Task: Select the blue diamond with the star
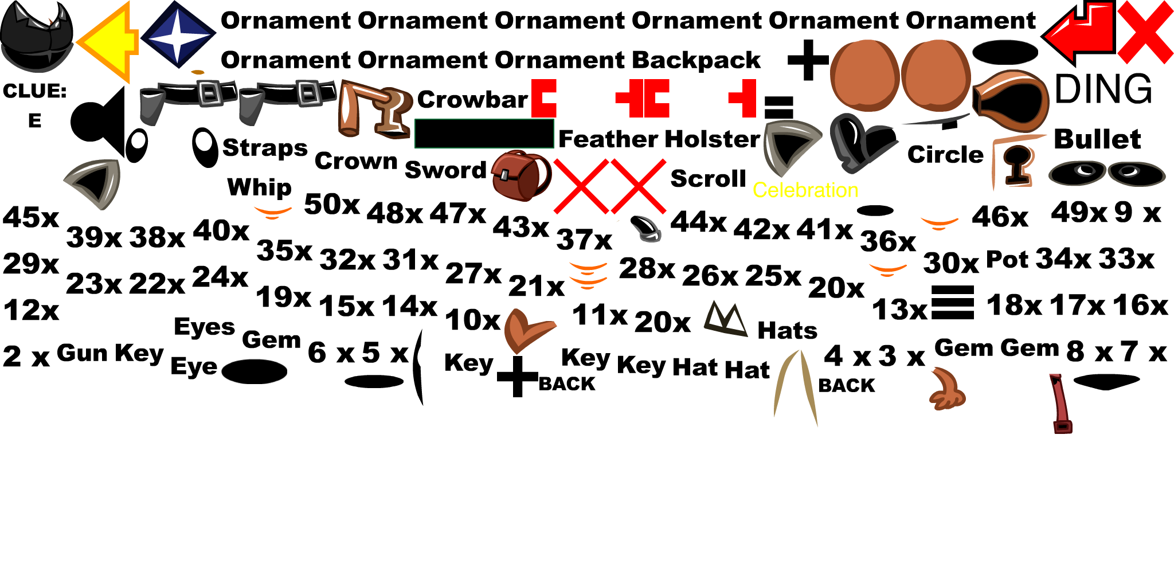click(178, 33)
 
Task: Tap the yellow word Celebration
click(805, 190)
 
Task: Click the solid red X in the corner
click(1145, 32)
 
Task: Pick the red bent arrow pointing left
click(1081, 33)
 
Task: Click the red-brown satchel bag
click(519, 175)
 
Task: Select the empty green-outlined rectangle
click(484, 134)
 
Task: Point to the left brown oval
click(864, 75)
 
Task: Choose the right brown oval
click(936, 75)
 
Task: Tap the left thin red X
click(581, 186)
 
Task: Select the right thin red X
click(638, 186)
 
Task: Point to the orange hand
click(948, 390)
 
